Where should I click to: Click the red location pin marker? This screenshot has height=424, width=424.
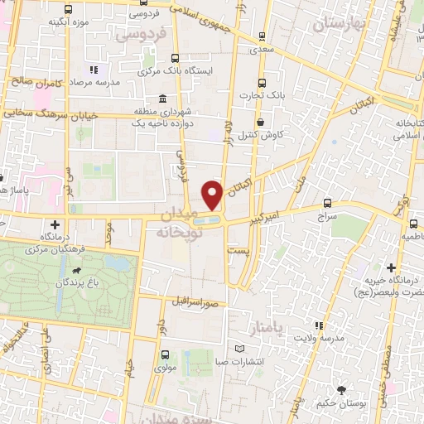(x=213, y=196)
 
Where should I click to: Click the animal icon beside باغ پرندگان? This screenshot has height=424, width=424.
(x=77, y=270)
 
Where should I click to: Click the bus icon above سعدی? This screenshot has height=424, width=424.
(x=262, y=36)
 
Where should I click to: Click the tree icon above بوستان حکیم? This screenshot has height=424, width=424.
(x=341, y=389)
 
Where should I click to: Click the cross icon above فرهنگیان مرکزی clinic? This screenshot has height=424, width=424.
(x=55, y=224)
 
